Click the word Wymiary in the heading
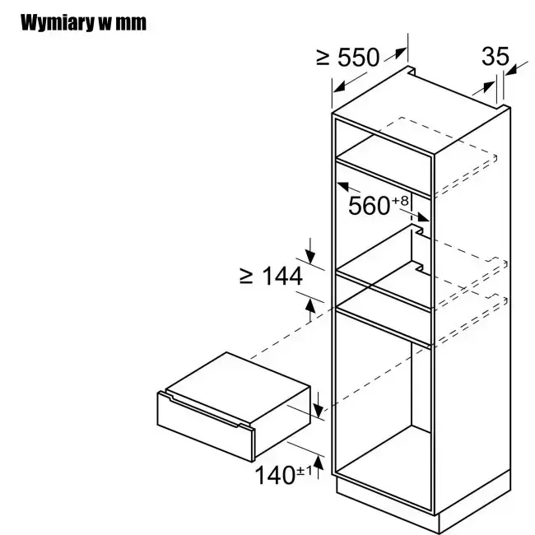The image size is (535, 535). click(x=57, y=23)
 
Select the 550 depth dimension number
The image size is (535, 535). click(x=358, y=58)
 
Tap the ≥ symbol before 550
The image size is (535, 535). click(x=323, y=58)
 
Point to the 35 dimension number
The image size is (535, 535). click(x=495, y=56)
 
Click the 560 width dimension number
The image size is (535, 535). click(x=370, y=206)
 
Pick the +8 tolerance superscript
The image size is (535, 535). click(x=401, y=201)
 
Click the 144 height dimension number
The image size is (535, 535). click(x=282, y=276)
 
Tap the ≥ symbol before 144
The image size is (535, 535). click(x=246, y=276)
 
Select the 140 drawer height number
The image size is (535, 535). click(x=275, y=475)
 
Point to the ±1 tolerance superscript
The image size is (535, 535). click(x=305, y=471)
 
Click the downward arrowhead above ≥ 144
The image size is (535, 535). click(x=310, y=256)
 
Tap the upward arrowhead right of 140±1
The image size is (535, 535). click(x=319, y=463)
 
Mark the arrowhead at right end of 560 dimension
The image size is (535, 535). click(x=423, y=217)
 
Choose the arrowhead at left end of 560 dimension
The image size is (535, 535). click(x=343, y=186)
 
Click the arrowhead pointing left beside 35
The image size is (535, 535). click(x=512, y=71)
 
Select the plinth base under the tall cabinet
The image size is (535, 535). click(x=423, y=501)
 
